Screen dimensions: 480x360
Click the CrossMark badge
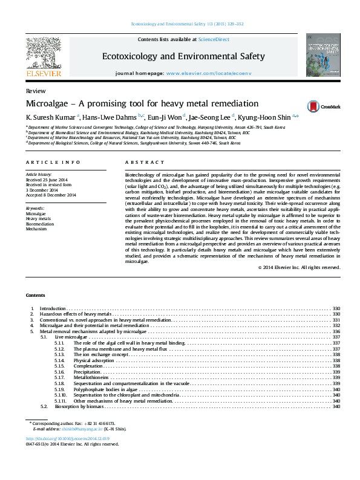point(326,106)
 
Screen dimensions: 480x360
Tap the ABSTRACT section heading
point(145,163)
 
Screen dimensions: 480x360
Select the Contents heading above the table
point(35,295)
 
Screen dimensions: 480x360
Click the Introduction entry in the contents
point(53,308)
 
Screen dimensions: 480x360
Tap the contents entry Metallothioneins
point(91,377)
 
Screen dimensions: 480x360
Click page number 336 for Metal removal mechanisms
point(336,332)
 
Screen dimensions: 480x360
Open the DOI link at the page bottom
point(68,438)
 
